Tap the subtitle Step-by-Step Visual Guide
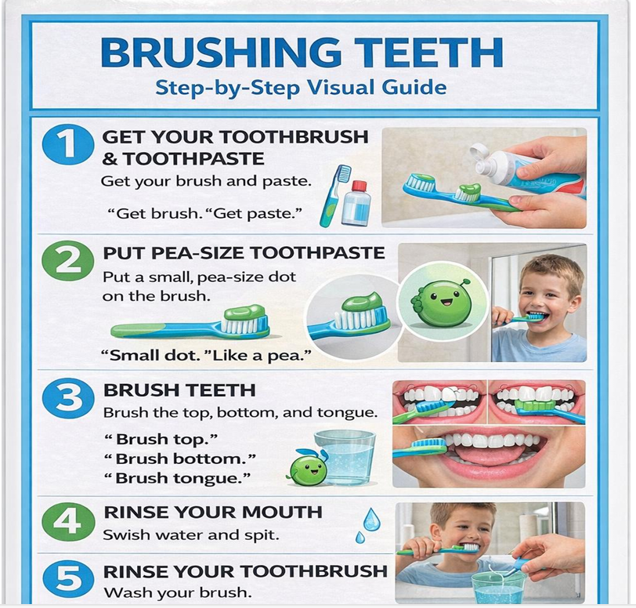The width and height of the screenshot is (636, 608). click(x=301, y=88)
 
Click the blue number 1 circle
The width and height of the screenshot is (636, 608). click(x=67, y=145)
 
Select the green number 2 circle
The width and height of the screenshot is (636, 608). click(x=67, y=262)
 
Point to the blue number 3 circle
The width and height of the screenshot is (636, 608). click(x=67, y=399)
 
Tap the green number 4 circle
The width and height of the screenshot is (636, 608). click(x=67, y=522)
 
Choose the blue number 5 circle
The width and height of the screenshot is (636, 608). click(x=67, y=581)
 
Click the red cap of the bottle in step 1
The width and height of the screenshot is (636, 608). click(x=359, y=186)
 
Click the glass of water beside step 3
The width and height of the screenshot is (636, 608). click(x=345, y=458)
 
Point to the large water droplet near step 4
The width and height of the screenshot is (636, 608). click(x=370, y=519)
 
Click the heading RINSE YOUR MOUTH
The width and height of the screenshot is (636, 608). click(x=213, y=512)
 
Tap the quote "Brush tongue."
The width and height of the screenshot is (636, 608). click(x=177, y=478)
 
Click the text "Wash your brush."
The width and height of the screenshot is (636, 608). click(x=177, y=592)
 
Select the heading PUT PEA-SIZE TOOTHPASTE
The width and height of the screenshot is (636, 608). click(x=244, y=253)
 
